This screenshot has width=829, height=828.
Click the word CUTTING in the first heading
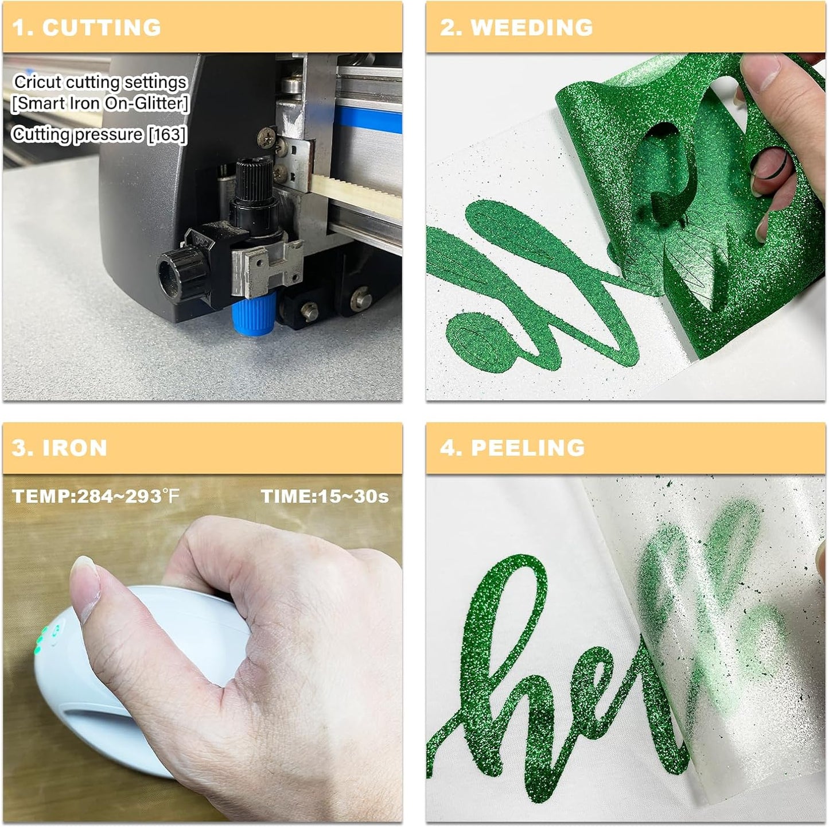pos(102,28)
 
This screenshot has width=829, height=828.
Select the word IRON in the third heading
pos(75,448)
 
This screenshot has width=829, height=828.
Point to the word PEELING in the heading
pos(527,448)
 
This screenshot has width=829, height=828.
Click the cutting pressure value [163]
pos(168,134)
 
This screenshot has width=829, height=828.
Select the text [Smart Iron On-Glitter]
pos(100,103)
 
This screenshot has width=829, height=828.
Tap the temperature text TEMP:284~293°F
pos(96,496)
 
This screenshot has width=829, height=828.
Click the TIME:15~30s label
pos(325,496)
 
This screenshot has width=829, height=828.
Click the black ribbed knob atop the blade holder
pos(253,179)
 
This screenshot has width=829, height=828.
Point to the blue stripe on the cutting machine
pos(367,119)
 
